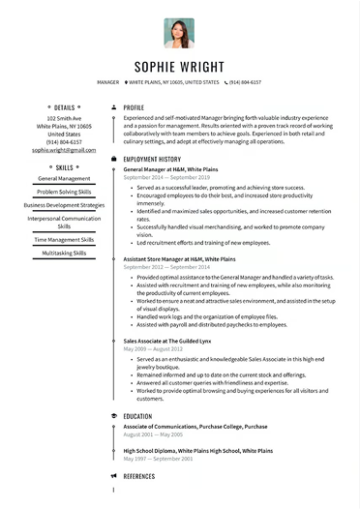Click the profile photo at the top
[x=179, y=33]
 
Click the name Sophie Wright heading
[x=180, y=68]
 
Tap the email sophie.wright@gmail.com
[x=64, y=150]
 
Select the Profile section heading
[x=134, y=107]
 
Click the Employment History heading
[x=152, y=159]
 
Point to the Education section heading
[x=137, y=416]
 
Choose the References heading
[x=139, y=476]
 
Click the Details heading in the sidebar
[x=64, y=107]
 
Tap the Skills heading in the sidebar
[x=64, y=166]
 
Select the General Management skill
[x=64, y=178]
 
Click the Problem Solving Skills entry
[x=64, y=192]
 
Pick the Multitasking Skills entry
[x=64, y=253]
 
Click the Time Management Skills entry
[x=64, y=239]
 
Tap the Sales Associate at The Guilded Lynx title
[x=168, y=342]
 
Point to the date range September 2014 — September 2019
[x=166, y=178]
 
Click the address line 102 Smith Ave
[x=64, y=117]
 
